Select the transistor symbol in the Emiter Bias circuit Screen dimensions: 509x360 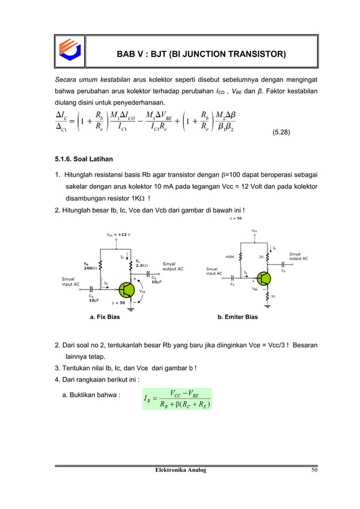point(262,278)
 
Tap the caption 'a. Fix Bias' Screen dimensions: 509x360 point(105,317)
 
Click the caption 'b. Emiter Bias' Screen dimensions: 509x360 point(238,317)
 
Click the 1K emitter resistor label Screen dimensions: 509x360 point(273,296)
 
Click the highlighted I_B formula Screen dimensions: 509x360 point(177,398)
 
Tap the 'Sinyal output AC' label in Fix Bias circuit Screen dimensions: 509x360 point(173,266)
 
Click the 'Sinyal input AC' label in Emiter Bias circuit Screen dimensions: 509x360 point(214,271)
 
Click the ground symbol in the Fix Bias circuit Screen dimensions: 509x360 point(131,308)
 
